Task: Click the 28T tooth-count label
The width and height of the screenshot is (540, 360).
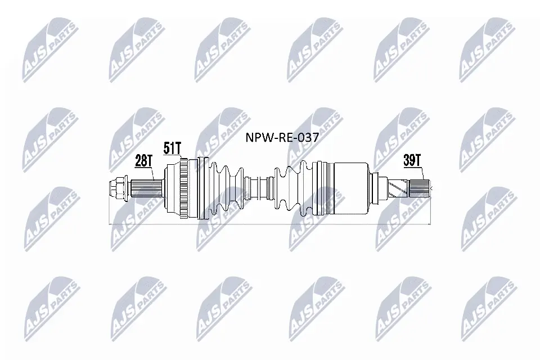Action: [143, 162]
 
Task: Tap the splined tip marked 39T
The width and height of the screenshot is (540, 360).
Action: [421, 186]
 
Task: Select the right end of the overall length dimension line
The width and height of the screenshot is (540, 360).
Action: [430, 224]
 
